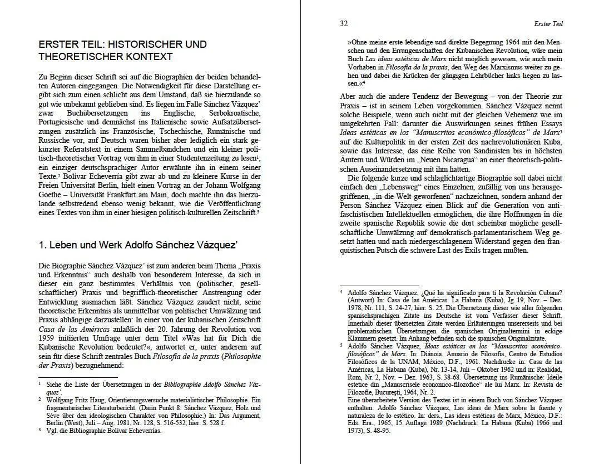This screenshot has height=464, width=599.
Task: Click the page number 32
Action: pyautogui.click(x=343, y=23)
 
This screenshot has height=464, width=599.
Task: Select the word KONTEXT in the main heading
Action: pyautogui.click(x=147, y=57)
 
